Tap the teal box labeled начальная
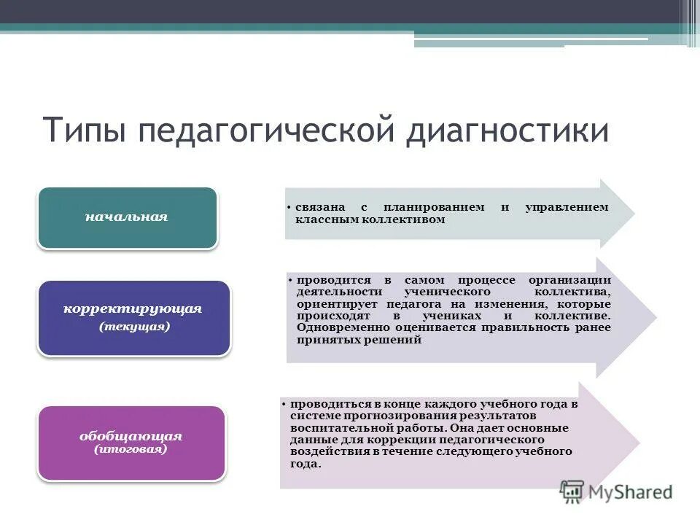pyautogui.click(x=127, y=217)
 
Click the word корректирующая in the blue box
pyautogui.click(x=133, y=308)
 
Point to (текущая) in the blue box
pyautogui.click(x=134, y=327)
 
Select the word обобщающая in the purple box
pyautogui.click(x=131, y=436)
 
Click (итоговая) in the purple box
pyautogui.click(x=131, y=449)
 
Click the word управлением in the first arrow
pyautogui.click(x=567, y=208)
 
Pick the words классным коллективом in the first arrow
pyautogui.click(x=370, y=219)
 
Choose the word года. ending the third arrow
pyautogui.click(x=305, y=464)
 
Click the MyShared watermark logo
pyautogui.click(x=616, y=492)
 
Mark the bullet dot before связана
pyautogui.click(x=290, y=208)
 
